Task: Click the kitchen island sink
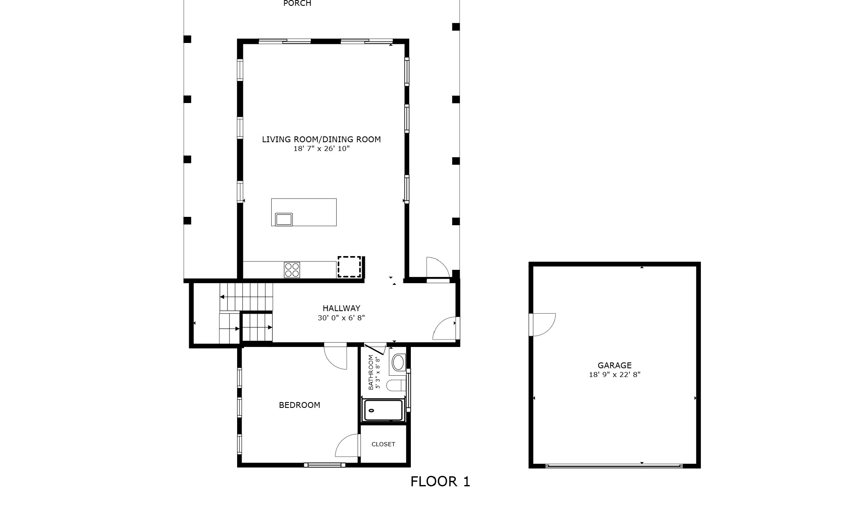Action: (284, 219)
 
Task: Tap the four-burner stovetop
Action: (292, 269)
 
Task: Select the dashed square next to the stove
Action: (349, 267)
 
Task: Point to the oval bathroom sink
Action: (398, 363)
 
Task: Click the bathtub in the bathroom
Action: (383, 410)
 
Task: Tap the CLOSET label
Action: (383, 444)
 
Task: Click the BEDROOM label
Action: (299, 405)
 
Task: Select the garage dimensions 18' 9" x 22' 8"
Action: (614, 375)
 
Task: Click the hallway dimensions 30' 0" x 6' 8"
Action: (341, 318)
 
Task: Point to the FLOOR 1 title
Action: (440, 482)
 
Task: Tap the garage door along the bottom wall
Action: (614, 466)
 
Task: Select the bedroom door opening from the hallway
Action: (336, 357)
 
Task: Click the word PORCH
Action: (297, 4)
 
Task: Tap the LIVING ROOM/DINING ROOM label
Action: (321, 139)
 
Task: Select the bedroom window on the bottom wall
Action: (325, 465)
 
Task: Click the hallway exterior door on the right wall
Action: (445, 329)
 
